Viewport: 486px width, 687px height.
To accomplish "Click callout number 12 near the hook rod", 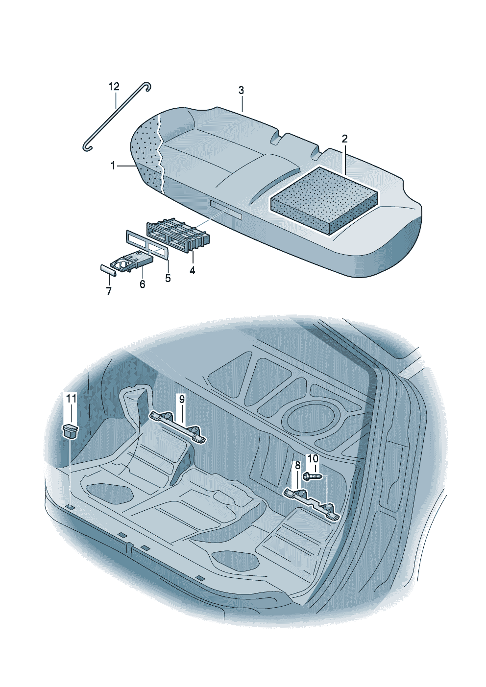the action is (114, 87).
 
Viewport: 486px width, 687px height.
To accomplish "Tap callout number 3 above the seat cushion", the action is (241, 91).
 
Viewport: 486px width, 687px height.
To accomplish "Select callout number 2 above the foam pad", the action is (344, 139).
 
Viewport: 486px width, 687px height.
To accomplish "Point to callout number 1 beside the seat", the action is (113, 166).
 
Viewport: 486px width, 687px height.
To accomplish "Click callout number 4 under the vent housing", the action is (192, 270).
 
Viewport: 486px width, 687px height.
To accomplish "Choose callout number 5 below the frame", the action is (168, 278).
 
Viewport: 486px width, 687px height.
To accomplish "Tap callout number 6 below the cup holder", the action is (142, 284).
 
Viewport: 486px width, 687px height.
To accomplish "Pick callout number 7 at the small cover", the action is (109, 291).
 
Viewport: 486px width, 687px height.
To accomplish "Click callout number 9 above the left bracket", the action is (182, 399).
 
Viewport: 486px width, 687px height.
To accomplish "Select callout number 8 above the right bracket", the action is (297, 465).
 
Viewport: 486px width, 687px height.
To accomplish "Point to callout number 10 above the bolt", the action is (313, 459).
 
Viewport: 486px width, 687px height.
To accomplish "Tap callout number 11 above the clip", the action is (72, 399).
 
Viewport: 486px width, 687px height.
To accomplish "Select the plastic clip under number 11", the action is (71, 431).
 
